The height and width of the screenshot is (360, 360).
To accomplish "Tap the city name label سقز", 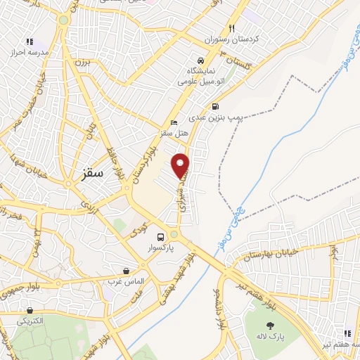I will tap(91, 172).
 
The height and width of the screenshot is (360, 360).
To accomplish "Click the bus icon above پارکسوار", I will tap(161, 237).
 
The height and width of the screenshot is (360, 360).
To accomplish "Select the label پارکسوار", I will tap(160, 248).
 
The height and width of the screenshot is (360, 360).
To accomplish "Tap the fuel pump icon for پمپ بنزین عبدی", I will tap(214, 106).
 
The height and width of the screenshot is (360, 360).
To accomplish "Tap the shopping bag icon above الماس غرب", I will tap(126, 270).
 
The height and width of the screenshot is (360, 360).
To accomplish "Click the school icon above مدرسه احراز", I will tap(29, 41).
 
